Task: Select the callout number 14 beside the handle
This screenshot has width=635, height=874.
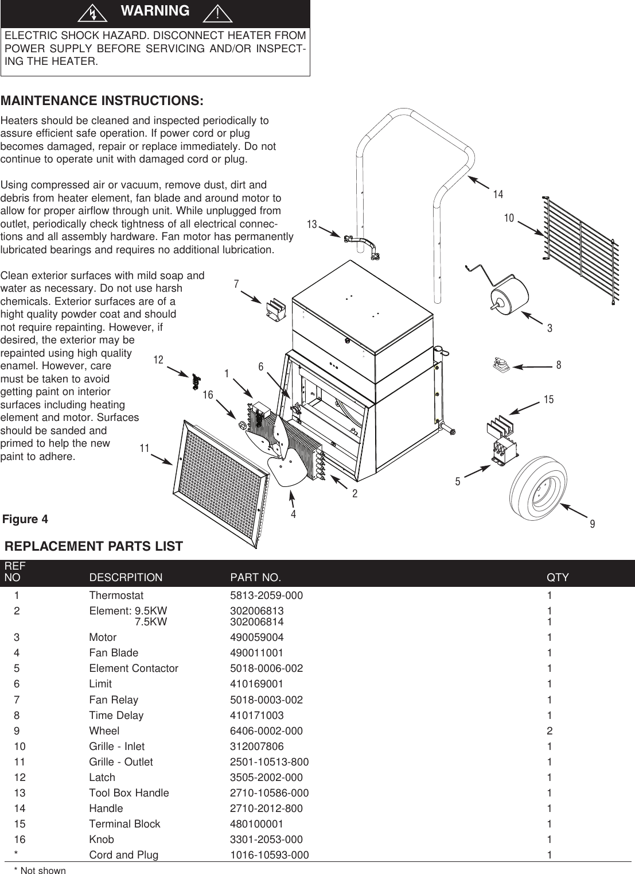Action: coord(498,195)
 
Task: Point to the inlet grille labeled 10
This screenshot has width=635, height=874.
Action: coord(579,247)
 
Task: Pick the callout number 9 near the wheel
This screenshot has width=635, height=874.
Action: coord(592,524)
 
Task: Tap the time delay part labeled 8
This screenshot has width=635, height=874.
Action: coord(501,365)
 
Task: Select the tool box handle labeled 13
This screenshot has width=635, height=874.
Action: coord(363,245)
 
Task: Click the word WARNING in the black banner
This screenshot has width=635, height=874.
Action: coord(155,11)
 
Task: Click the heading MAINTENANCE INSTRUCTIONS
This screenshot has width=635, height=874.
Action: coord(102,101)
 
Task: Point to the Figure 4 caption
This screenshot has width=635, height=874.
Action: coord(25,519)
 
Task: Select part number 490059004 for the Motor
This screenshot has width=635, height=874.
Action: coord(256,637)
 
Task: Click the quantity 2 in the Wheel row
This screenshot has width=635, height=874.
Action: coord(550,731)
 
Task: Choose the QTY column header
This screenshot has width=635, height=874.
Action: coord(558,577)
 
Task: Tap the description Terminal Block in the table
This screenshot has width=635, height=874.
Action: coord(124,824)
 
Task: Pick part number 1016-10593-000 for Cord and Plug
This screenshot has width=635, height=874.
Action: coord(269,855)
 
